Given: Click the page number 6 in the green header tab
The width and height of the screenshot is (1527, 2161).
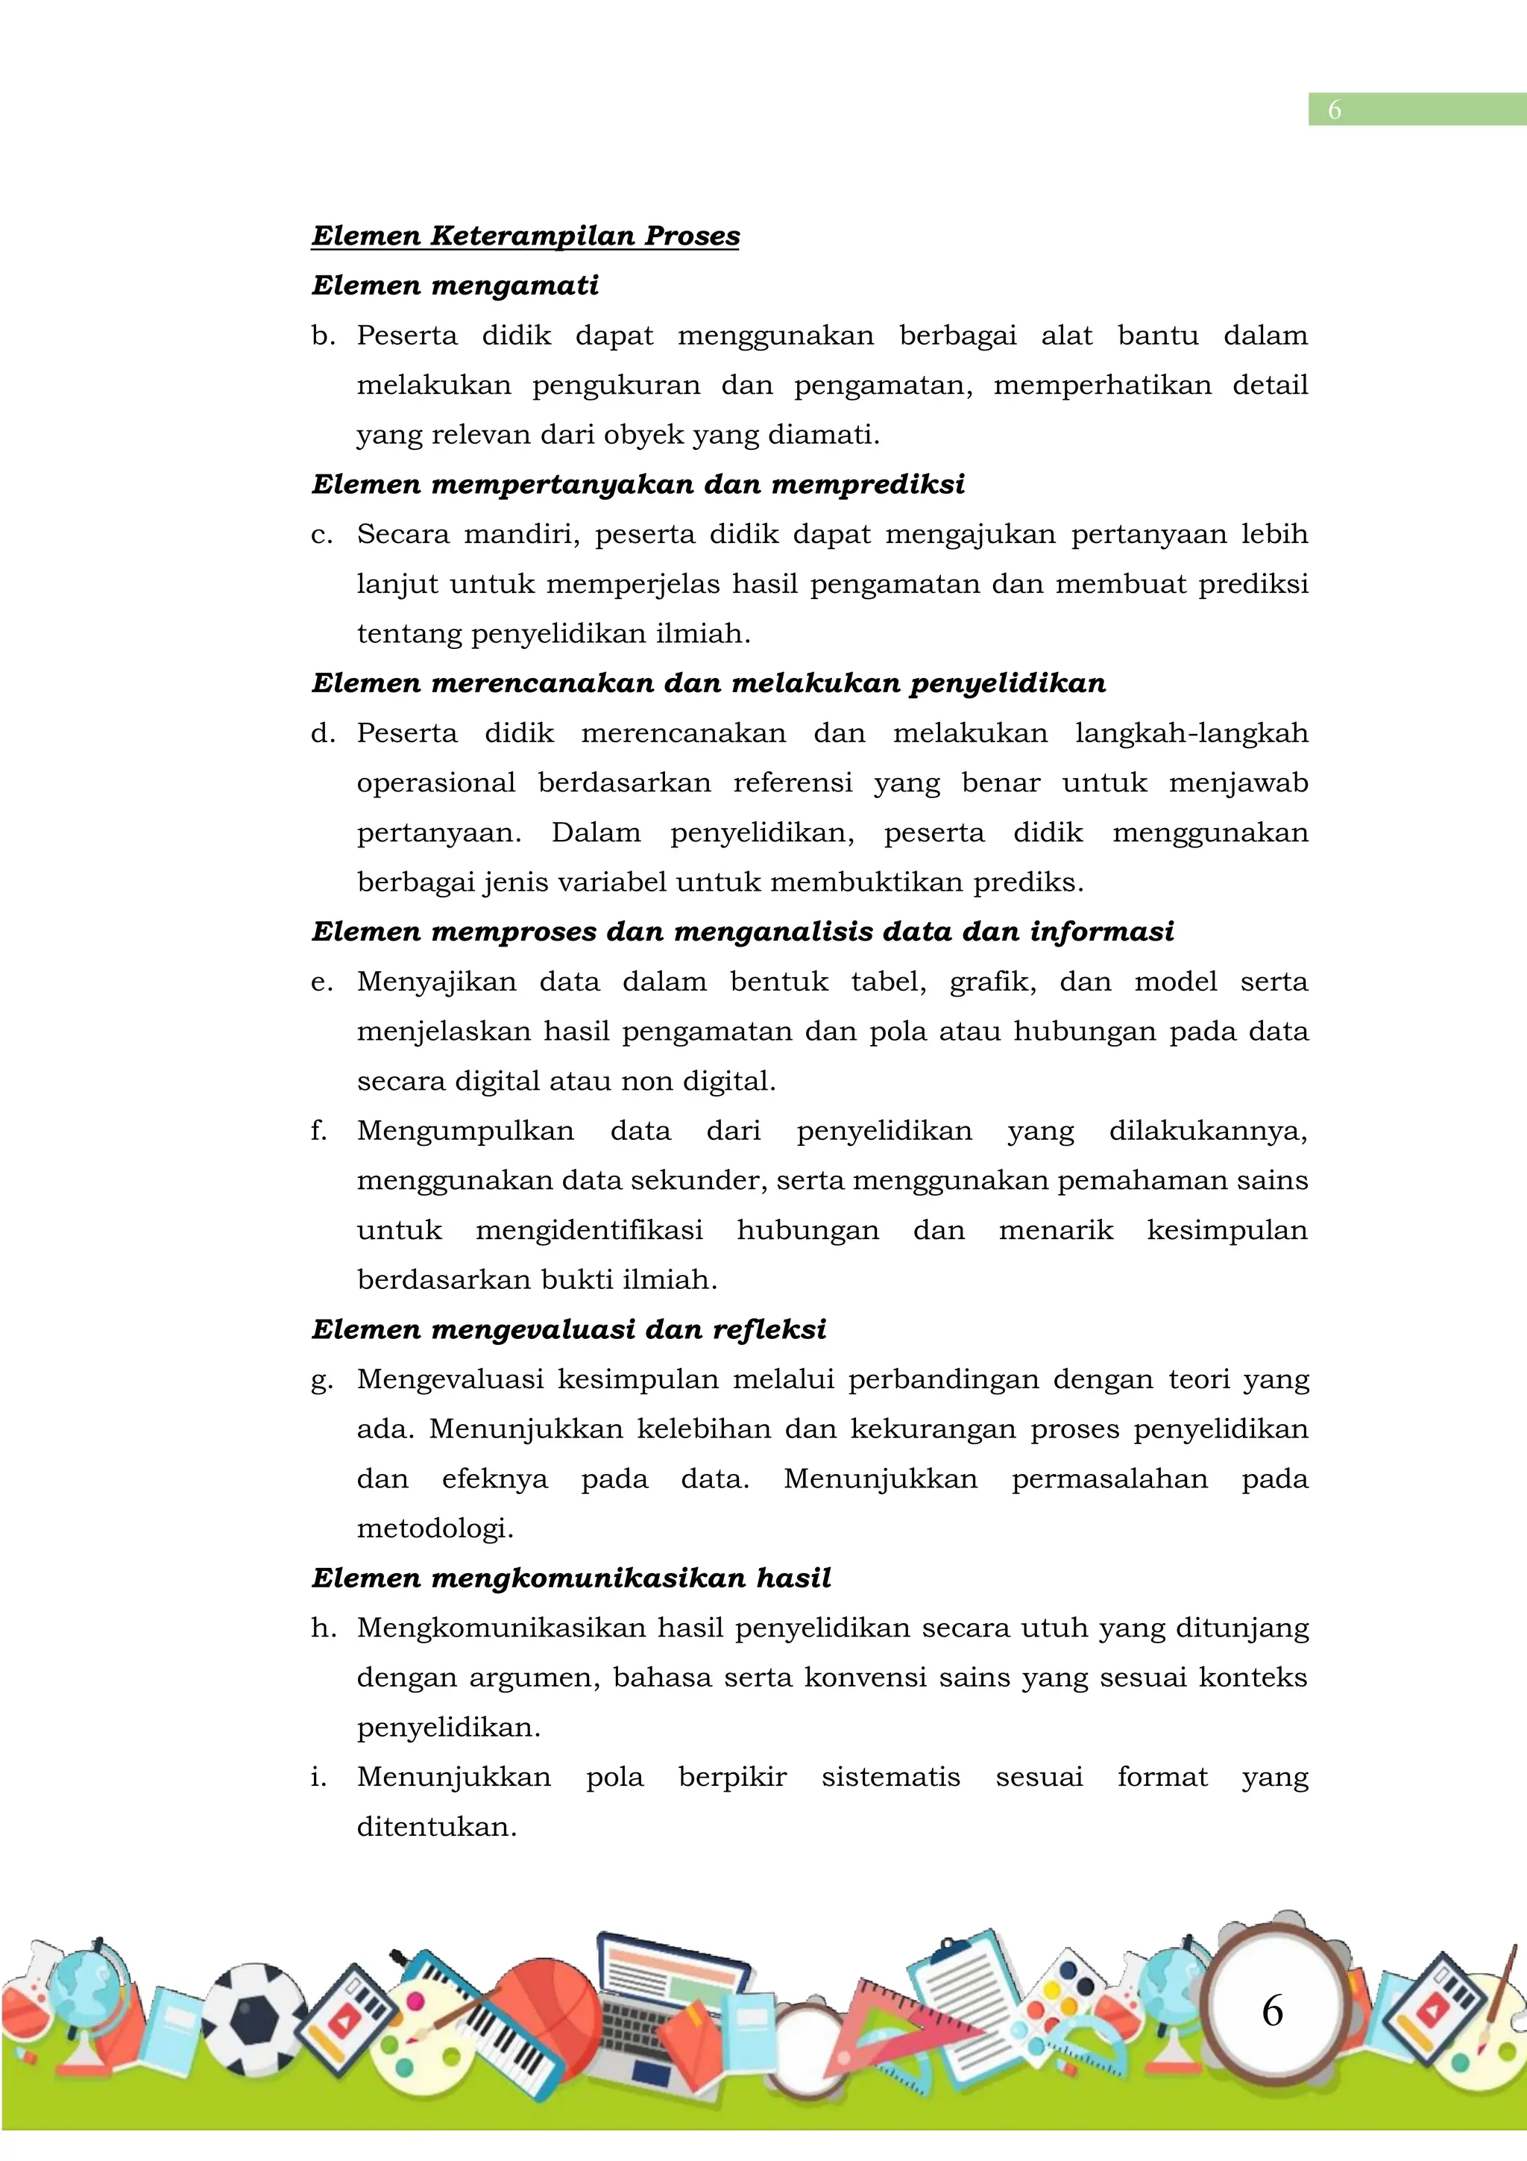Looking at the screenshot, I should click(1333, 110).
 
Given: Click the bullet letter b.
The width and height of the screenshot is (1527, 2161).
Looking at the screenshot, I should click(323, 336).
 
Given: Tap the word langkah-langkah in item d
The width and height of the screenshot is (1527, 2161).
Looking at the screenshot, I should click(1191, 733).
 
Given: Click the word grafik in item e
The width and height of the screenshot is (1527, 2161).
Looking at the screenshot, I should click(992, 982).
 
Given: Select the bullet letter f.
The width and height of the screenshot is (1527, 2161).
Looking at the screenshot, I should click(319, 1130).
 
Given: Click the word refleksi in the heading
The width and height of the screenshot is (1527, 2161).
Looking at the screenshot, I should click(769, 1329).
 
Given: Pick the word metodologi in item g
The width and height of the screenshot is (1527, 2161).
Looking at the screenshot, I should click(435, 1528).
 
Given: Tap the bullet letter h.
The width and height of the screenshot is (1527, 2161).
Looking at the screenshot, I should click(323, 1628).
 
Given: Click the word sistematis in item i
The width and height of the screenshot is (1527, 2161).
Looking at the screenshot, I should click(890, 1777).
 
